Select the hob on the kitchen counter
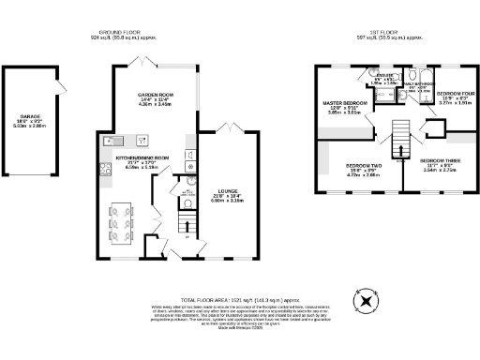pos(100,169)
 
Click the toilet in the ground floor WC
pos(187,202)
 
